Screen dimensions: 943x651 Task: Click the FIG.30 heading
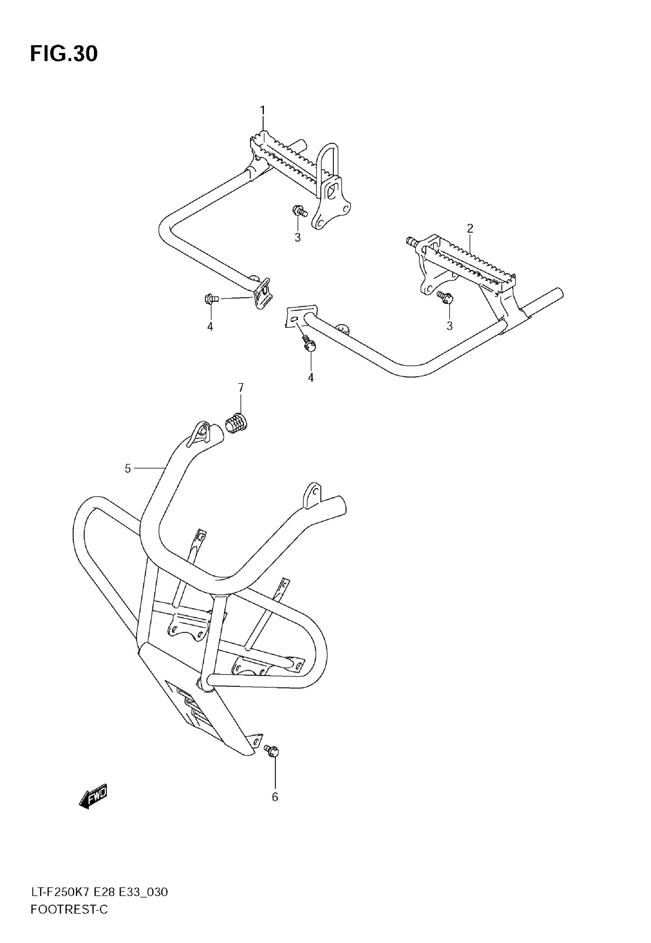click(64, 54)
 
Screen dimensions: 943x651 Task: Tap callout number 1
click(263, 110)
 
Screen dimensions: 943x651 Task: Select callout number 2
click(470, 228)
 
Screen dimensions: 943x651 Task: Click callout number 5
click(128, 469)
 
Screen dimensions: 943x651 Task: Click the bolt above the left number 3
click(300, 211)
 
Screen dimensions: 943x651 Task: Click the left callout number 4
click(210, 327)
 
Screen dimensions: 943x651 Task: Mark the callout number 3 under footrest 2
click(450, 326)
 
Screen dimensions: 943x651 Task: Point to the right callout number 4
click(311, 378)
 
